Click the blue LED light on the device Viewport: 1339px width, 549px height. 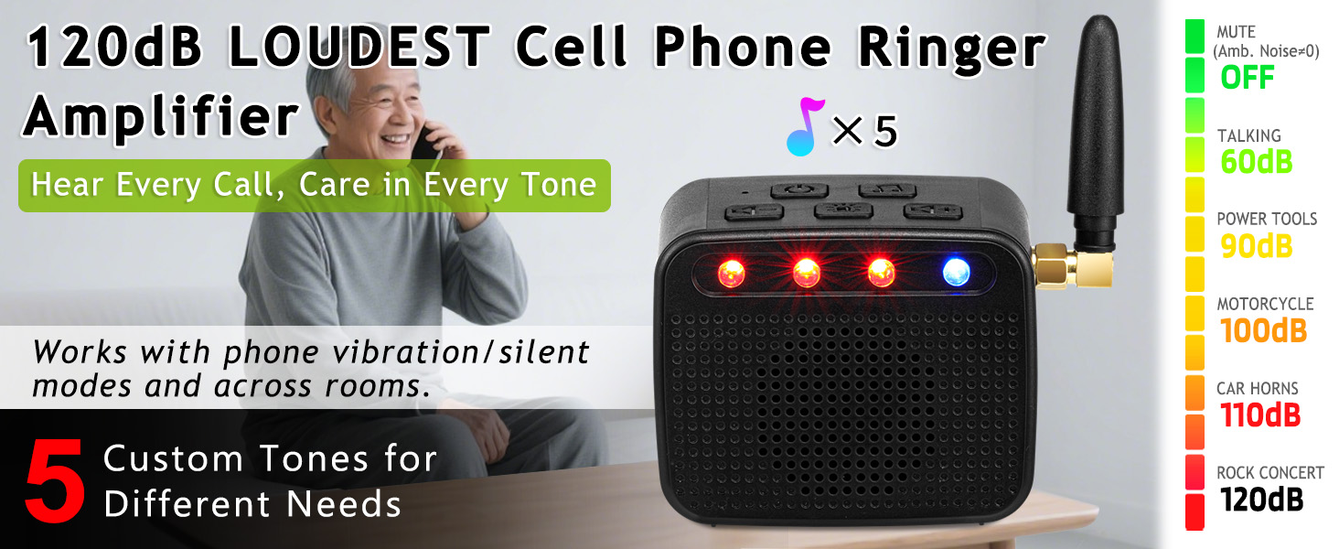[956, 272]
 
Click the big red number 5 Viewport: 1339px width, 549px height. [55, 482]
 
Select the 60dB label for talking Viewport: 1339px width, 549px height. [1256, 162]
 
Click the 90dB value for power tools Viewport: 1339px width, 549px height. [1256, 246]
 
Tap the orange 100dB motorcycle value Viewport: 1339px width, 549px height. [1263, 330]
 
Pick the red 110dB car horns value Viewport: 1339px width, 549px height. [1260, 415]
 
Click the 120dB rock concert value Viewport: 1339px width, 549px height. [1261, 500]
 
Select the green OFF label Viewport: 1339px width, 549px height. [1247, 78]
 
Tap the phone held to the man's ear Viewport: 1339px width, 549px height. [424, 142]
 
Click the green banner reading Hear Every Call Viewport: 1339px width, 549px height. [314, 185]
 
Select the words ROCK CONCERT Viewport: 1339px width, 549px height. [1269, 473]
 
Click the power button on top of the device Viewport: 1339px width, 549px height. [798, 191]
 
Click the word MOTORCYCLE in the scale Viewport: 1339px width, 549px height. [1265, 304]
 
